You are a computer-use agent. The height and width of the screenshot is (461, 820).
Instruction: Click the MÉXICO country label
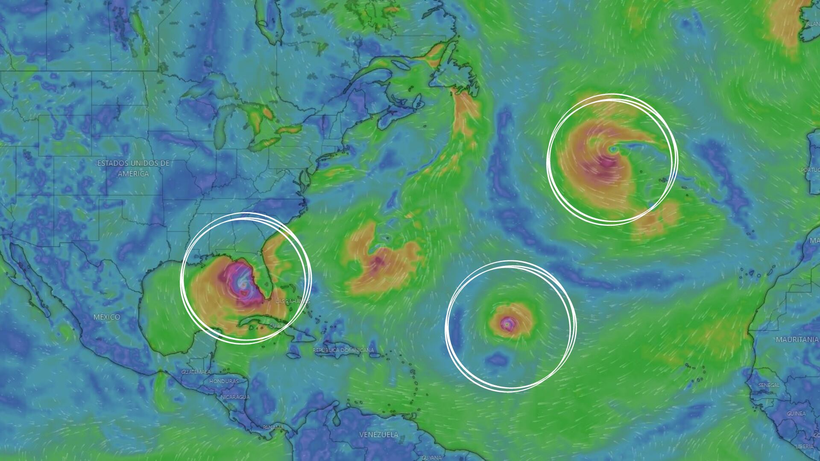click(107, 317)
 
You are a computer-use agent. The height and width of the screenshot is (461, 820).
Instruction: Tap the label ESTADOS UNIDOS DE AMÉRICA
click(133, 168)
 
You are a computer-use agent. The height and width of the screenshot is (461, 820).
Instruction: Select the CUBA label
click(277, 326)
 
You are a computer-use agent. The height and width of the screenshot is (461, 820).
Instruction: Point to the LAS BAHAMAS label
click(293, 301)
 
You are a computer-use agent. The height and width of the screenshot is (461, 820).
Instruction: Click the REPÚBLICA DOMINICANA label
click(343, 350)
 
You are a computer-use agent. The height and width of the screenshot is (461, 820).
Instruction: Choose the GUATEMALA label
click(196, 372)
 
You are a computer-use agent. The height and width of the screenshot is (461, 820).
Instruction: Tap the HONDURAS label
click(224, 381)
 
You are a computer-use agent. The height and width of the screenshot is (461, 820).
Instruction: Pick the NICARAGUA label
click(235, 397)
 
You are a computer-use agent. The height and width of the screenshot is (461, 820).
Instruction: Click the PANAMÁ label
click(273, 427)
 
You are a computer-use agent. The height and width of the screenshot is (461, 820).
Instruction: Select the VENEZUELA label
click(378, 435)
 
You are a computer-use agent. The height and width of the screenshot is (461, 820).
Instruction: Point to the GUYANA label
click(431, 458)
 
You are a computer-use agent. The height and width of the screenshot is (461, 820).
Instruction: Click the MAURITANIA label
click(797, 340)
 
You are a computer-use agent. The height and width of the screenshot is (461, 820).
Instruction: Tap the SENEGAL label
click(769, 385)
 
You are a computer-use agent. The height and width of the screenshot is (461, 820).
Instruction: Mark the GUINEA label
click(796, 413)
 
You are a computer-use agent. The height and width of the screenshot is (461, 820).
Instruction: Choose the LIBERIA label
click(805, 446)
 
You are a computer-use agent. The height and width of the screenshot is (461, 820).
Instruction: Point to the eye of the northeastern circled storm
click(613, 149)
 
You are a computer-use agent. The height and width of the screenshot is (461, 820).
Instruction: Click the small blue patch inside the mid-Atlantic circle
click(497, 359)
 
